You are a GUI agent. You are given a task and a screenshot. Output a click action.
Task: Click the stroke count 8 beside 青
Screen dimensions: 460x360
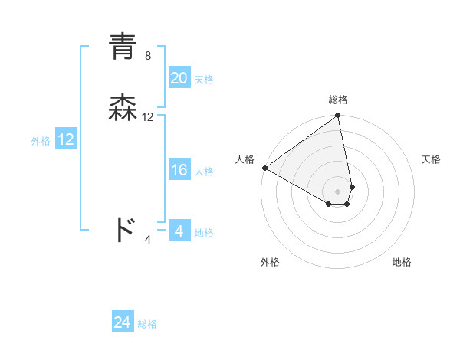[x=148, y=56]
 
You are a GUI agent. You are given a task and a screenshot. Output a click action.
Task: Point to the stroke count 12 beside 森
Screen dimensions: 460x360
[x=148, y=117]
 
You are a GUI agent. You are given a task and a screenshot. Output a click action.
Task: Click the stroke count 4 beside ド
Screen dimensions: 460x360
[x=148, y=240]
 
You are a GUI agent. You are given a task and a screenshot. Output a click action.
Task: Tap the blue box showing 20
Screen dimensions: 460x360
[x=179, y=78]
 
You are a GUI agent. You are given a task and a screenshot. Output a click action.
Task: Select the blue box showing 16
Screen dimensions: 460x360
[x=179, y=171]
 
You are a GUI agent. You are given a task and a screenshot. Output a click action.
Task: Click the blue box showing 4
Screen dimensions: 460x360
[x=179, y=231]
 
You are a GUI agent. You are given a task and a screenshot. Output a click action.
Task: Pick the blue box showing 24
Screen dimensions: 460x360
[x=123, y=323]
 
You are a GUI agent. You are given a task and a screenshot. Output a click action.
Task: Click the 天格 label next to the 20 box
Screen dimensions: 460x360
[x=204, y=80]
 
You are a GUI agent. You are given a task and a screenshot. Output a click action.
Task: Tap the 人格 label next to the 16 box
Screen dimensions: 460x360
[x=204, y=172]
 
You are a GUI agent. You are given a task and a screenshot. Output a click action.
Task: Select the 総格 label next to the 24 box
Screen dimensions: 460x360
[x=147, y=325]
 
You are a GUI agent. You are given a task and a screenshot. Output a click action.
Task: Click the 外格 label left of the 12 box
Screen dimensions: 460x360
[x=41, y=141]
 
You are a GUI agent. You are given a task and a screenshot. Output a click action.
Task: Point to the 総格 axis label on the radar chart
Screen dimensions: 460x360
[x=338, y=100]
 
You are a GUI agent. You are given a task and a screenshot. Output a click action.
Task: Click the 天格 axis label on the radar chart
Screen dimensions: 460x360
[x=431, y=159]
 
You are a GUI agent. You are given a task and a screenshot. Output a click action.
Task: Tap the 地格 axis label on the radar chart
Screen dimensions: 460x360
[x=402, y=262]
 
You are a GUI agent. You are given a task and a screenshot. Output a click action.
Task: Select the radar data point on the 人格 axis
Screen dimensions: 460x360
[x=264, y=168]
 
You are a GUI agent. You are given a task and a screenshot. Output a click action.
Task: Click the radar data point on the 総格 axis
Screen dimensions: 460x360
[x=337, y=116]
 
